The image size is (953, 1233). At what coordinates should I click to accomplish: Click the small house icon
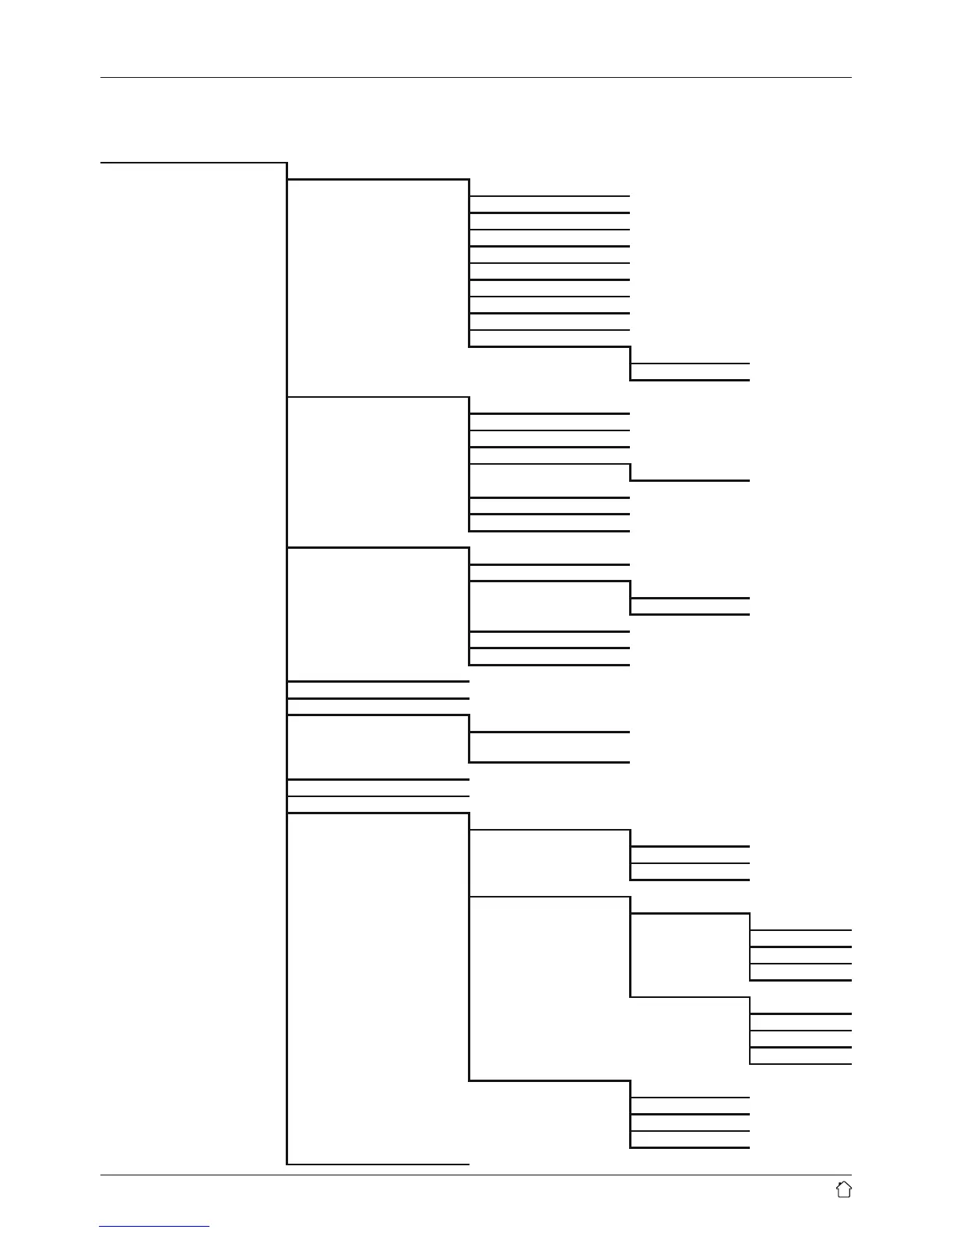coord(843,1189)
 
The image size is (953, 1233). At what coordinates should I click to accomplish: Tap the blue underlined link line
coord(154,1227)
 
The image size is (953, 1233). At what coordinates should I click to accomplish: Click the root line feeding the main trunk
coord(194,163)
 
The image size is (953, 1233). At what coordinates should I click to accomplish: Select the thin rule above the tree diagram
coord(476,78)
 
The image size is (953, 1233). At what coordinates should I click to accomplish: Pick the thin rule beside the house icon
coord(476,1175)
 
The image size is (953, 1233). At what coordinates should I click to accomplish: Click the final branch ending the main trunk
coord(378,1164)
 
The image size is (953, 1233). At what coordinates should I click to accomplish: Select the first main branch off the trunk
coord(378,180)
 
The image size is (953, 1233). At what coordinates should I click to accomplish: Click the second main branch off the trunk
coord(378,398)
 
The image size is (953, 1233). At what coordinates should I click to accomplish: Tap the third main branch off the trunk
coord(378,549)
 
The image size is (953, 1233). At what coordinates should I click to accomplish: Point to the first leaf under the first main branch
coord(550,196)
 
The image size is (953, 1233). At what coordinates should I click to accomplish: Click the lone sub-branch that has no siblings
coord(690,481)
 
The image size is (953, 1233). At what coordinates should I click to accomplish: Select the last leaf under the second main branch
coord(550,531)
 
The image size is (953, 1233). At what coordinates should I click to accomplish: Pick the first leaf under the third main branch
coord(550,564)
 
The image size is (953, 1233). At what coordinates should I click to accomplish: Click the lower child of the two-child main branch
coord(550,762)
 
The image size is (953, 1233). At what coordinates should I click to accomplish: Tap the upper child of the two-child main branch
coord(550,732)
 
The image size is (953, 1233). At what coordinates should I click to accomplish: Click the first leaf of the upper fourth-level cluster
coord(801,929)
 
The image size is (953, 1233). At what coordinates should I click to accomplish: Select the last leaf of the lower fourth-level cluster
coord(801,1064)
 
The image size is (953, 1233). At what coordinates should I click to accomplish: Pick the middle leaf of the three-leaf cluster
coord(690,862)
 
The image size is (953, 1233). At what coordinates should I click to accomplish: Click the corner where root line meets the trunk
coord(287,163)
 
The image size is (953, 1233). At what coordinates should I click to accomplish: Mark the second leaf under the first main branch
coord(550,213)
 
